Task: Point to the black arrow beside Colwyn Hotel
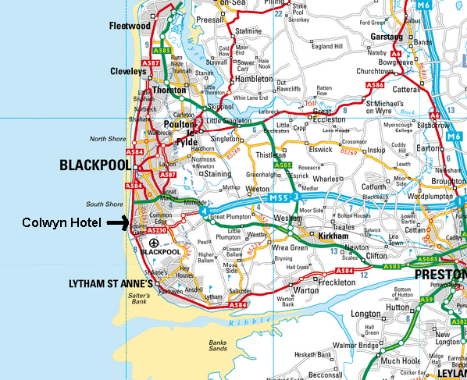click(118, 223)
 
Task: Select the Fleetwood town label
click(129, 26)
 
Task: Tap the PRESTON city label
click(440, 275)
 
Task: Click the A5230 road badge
click(157, 230)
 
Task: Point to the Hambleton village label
click(253, 79)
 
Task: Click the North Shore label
click(107, 139)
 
